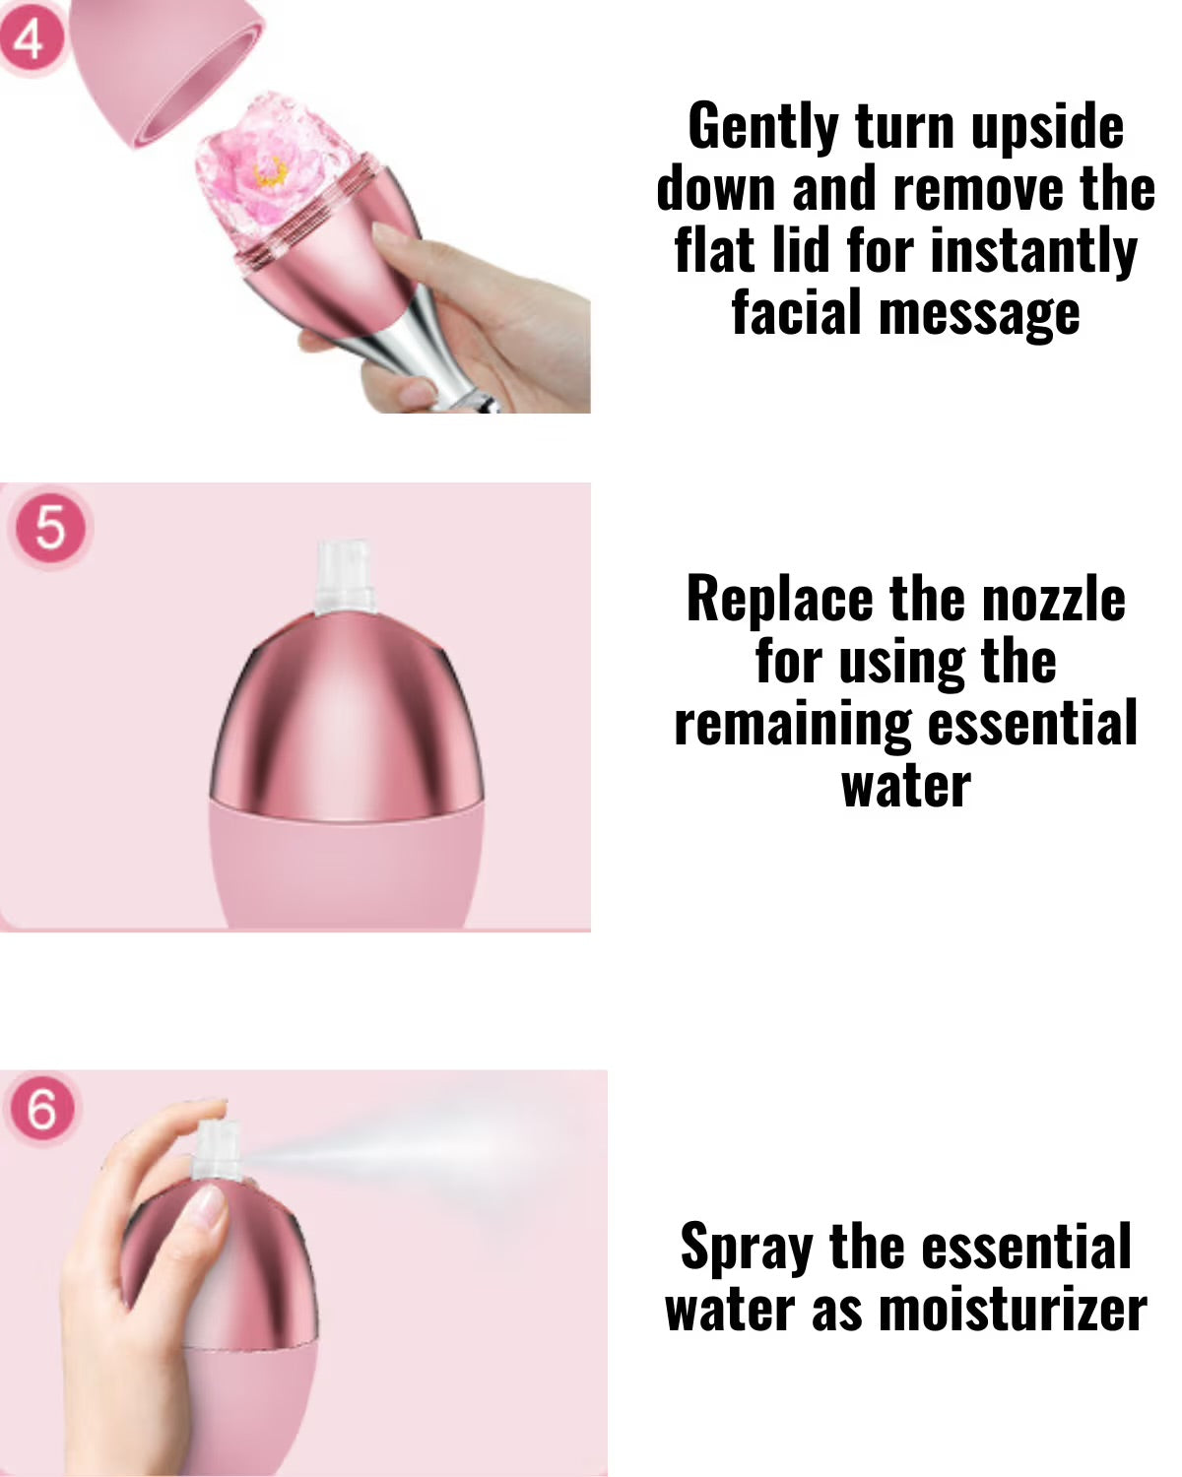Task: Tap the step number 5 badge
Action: coord(50,529)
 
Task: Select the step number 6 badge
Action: coord(42,1111)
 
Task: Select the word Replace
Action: coord(779,601)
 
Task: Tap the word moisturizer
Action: coord(1013,1310)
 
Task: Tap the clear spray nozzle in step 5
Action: coord(345,578)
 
